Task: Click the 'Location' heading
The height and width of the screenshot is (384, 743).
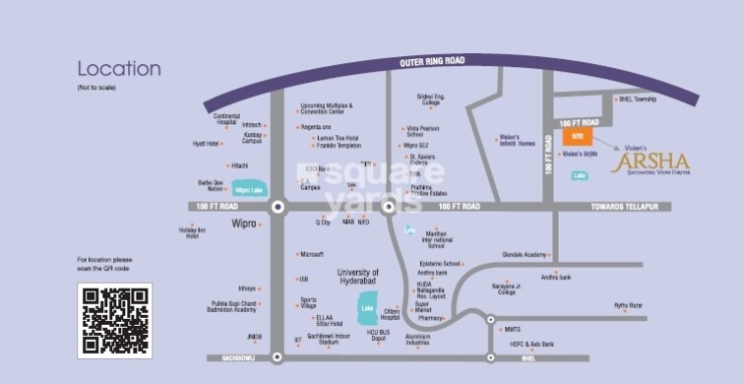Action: pos(119,69)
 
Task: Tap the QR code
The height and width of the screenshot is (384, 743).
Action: pos(115,321)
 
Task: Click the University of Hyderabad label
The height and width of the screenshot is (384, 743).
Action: pos(358,276)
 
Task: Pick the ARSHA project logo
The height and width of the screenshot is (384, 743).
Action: pos(650,161)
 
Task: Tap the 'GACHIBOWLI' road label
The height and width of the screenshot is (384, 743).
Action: pos(239,357)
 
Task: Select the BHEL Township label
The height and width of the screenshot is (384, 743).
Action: pos(637,99)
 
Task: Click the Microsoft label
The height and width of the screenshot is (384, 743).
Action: pos(312,254)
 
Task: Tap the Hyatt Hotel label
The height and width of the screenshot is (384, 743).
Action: pos(206,144)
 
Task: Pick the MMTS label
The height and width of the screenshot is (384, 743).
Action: pos(512,329)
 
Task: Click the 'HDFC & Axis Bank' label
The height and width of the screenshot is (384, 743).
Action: pos(532,345)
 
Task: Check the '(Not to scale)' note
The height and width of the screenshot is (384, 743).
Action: pos(95,90)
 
